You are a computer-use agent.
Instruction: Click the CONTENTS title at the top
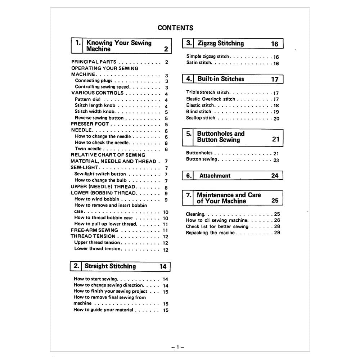coord(175,28)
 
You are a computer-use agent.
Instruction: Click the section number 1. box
coord(78,43)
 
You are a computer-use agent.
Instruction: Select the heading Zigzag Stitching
coord(220,43)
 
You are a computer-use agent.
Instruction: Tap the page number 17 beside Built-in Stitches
coord(275,79)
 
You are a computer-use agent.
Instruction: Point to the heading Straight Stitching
coord(110,266)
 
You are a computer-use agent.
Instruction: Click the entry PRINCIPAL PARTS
coord(94,62)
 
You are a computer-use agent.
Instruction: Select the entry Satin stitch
coord(199,63)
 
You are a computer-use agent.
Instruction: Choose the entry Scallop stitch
coord(201,118)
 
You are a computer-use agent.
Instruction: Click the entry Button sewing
coord(202,159)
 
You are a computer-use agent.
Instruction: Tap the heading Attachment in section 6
coord(215,176)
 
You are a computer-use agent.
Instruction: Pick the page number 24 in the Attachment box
coord(275,176)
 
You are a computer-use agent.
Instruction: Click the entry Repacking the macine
coord(210,233)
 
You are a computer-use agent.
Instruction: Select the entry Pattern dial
coord(87,99)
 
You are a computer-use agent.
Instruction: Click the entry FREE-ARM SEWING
coord(94,230)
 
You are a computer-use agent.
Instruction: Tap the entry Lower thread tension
coord(97,249)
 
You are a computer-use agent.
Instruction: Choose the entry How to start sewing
coord(95,279)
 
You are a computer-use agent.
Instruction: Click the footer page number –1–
coord(177,347)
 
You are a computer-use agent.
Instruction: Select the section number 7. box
coord(189,195)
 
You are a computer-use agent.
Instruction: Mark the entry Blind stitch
coord(198,112)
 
